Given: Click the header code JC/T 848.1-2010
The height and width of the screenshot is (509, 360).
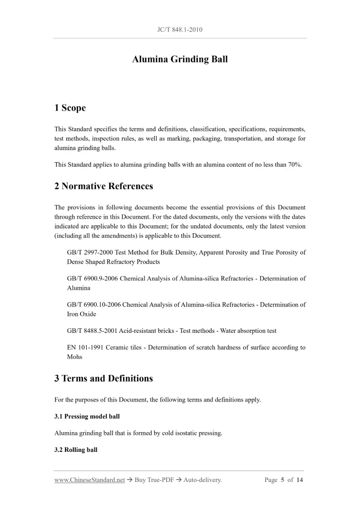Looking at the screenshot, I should pyautogui.click(x=180, y=30).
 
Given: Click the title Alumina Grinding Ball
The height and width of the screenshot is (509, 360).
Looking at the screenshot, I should pyautogui.click(x=180, y=59).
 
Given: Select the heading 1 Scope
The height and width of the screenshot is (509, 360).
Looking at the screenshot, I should pyautogui.click(x=70, y=108).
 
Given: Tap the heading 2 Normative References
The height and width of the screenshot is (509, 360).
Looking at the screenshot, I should pyautogui.click(x=103, y=186).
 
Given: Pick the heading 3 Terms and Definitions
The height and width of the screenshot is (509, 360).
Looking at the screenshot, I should pyautogui.click(x=103, y=379).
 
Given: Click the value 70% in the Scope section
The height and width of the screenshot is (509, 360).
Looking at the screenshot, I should pyautogui.click(x=295, y=165).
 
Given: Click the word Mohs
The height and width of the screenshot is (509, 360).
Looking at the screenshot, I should pyautogui.click(x=75, y=357).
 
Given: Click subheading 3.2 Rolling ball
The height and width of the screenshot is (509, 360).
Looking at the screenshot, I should pyautogui.click(x=75, y=450).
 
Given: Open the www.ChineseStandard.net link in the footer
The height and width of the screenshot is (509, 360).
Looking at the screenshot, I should pyautogui.click(x=89, y=480).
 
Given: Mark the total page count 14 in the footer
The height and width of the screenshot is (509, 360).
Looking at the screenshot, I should pyautogui.click(x=299, y=480).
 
